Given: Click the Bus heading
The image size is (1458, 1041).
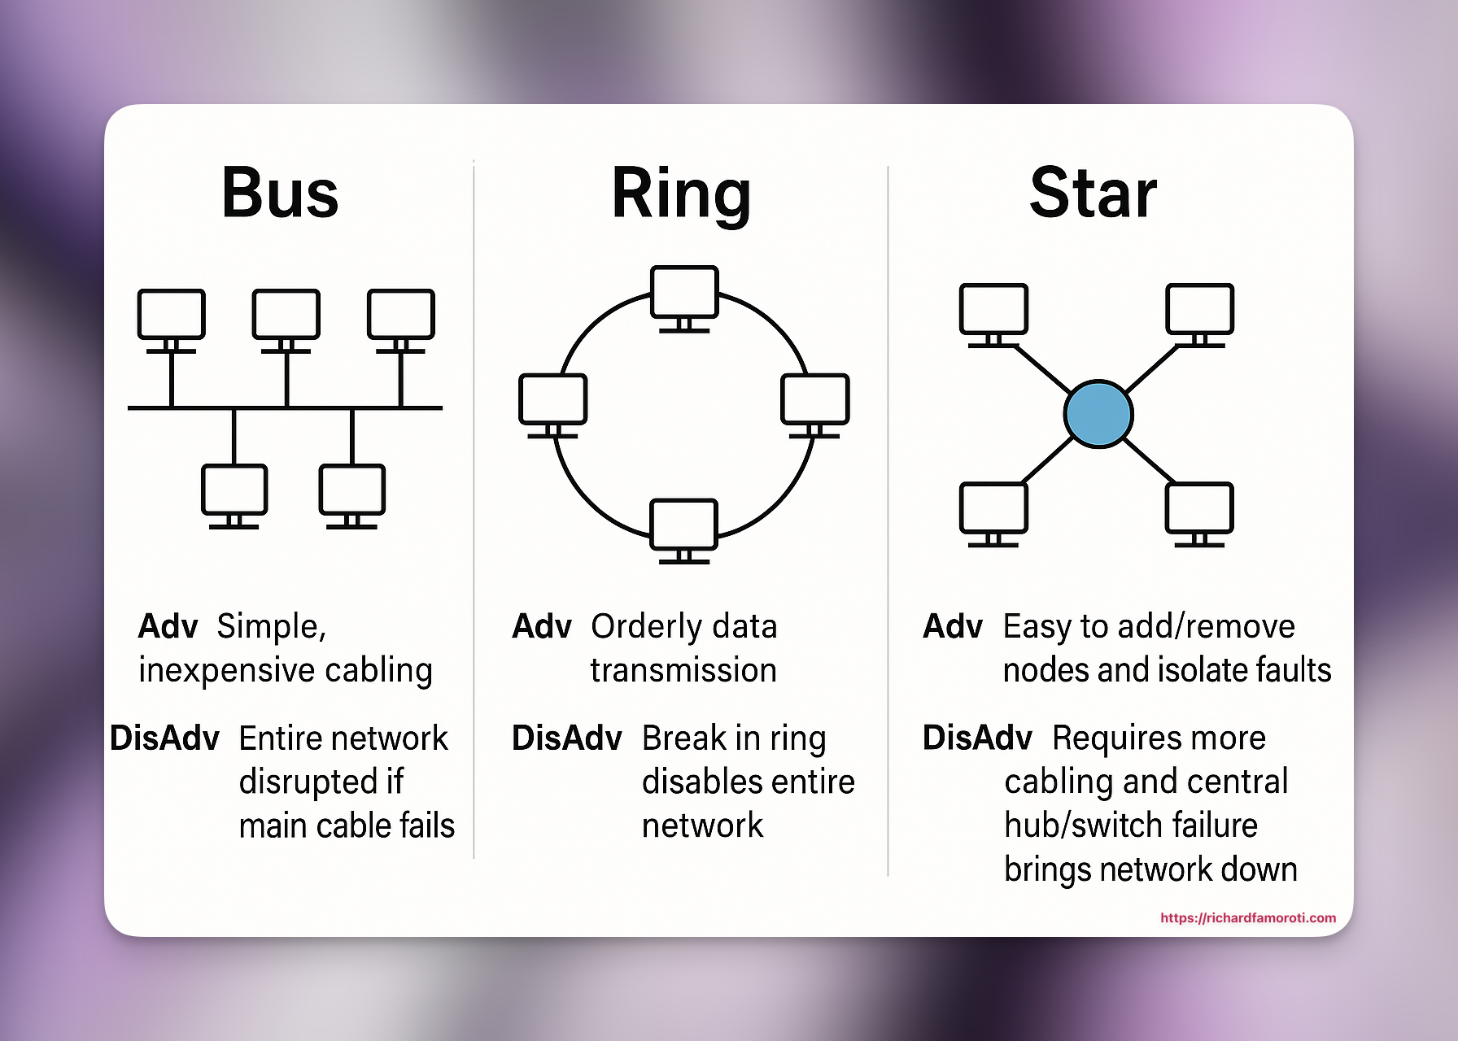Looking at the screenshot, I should [280, 194].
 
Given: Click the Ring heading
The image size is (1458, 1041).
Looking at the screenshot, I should [681, 194].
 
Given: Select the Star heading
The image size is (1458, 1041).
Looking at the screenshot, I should [1093, 194].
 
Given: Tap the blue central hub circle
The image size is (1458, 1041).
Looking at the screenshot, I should [1098, 414].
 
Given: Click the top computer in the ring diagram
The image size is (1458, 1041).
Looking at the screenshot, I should [684, 293].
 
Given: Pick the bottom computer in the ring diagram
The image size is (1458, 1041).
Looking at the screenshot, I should [684, 525].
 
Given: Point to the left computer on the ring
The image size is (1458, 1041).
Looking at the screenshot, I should [553, 400].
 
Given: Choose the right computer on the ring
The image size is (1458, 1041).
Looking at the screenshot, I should [814, 400].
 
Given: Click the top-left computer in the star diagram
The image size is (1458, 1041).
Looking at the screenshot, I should [993, 310].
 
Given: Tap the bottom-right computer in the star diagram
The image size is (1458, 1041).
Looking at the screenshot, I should [1199, 509].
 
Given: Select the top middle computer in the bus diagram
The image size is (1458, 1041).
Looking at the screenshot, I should [286, 315].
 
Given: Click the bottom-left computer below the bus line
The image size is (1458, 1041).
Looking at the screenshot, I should [234, 490].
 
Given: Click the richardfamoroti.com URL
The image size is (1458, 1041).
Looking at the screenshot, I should [1247, 917].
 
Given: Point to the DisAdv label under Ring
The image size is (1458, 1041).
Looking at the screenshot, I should [566, 738].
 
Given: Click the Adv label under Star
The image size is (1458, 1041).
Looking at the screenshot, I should [952, 627].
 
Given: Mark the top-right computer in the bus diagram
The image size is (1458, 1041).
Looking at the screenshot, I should [400, 315].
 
